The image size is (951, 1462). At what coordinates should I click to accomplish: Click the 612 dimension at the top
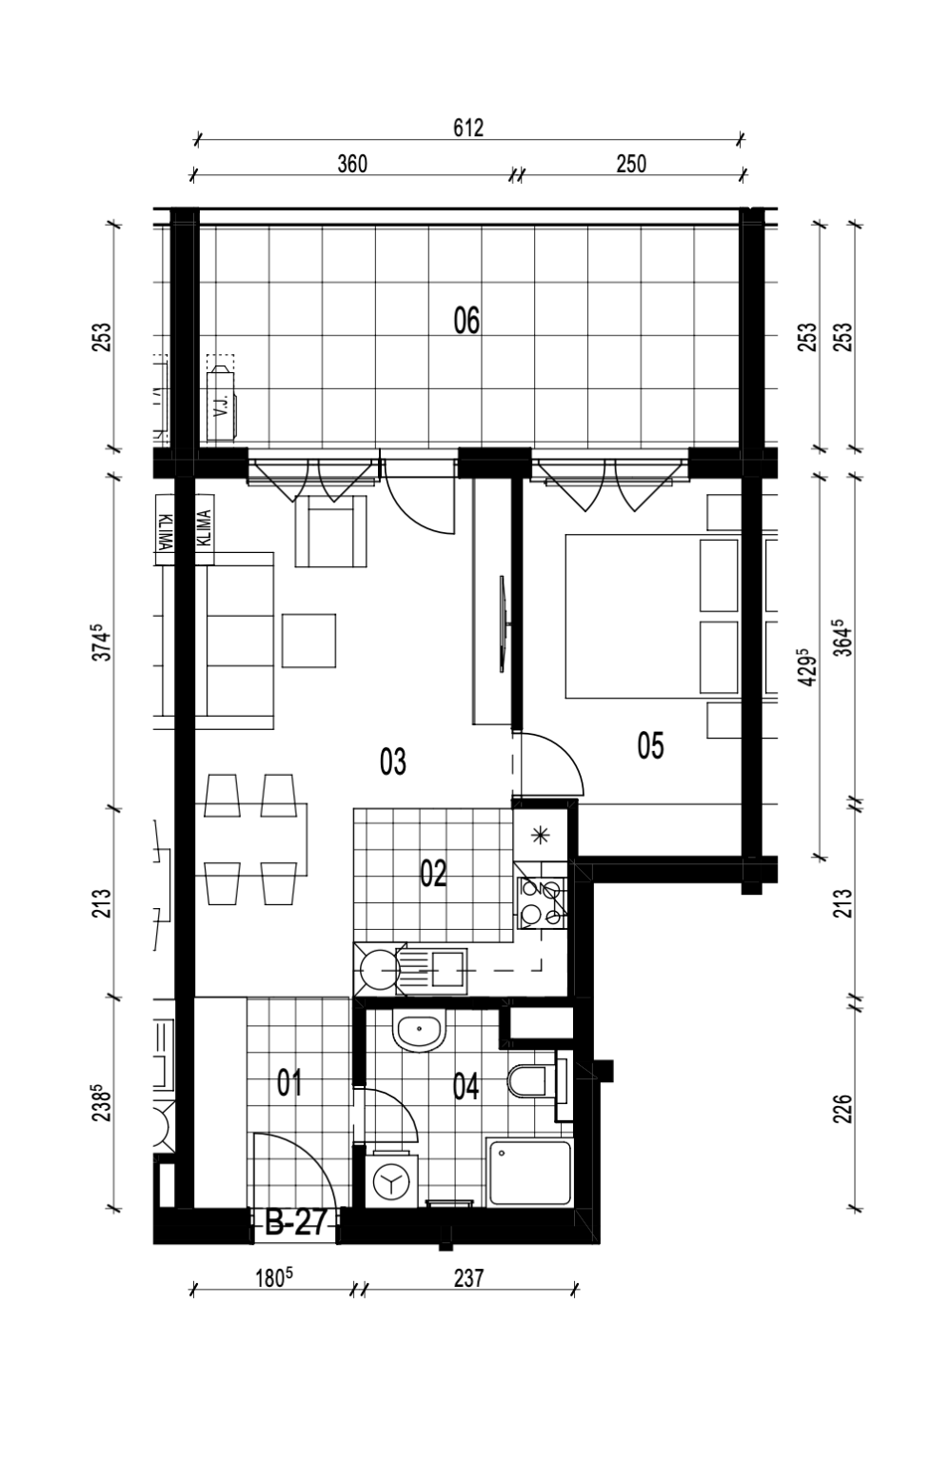(x=468, y=128)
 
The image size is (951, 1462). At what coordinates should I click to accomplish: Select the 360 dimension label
(x=352, y=164)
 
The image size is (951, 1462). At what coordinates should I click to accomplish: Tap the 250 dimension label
(x=630, y=164)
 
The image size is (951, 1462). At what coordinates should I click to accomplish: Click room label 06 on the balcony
(x=466, y=321)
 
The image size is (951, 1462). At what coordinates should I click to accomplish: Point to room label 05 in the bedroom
(x=650, y=745)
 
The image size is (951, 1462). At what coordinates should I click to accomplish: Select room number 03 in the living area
(x=392, y=761)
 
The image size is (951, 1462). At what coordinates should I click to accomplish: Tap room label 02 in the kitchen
(x=433, y=874)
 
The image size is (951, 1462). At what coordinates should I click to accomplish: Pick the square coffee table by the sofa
(x=308, y=641)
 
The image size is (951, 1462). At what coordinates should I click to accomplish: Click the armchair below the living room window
(x=330, y=530)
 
